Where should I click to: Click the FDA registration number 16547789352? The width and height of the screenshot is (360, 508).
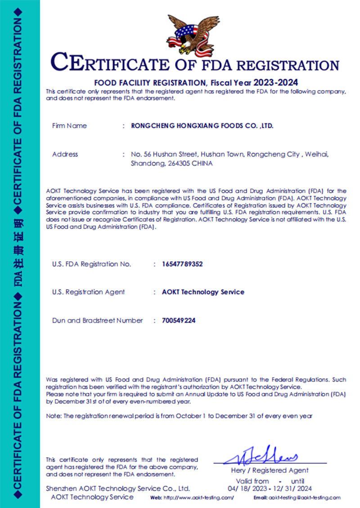click(x=182, y=264)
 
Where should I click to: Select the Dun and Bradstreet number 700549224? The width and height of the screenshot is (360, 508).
click(x=179, y=321)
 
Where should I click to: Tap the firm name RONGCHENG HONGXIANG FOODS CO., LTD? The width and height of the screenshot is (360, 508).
click(x=202, y=126)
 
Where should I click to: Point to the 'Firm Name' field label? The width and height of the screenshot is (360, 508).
click(x=69, y=126)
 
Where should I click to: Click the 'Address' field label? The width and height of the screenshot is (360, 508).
click(x=65, y=154)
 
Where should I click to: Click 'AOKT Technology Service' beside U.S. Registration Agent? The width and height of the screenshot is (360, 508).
click(x=203, y=292)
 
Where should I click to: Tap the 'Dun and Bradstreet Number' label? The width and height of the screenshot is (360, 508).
click(x=98, y=321)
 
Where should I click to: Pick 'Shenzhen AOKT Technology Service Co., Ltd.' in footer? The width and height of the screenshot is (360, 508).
click(x=118, y=489)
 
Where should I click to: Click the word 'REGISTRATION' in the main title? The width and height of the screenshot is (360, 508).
click(x=288, y=66)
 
